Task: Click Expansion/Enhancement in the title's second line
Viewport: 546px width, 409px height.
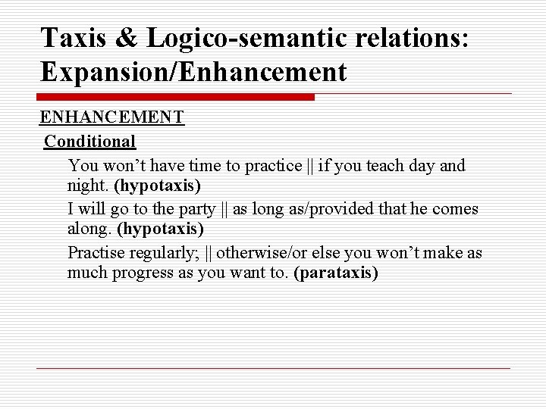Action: click(193, 72)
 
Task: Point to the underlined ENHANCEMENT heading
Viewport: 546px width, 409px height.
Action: click(111, 117)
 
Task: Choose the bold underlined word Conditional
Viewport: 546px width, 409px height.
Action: click(89, 141)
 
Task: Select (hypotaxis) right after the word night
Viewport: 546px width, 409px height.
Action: click(157, 185)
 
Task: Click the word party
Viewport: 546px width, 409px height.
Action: click(197, 208)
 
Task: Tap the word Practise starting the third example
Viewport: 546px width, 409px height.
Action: click(94, 252)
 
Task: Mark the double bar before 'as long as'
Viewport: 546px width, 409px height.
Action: click(224, 208)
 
